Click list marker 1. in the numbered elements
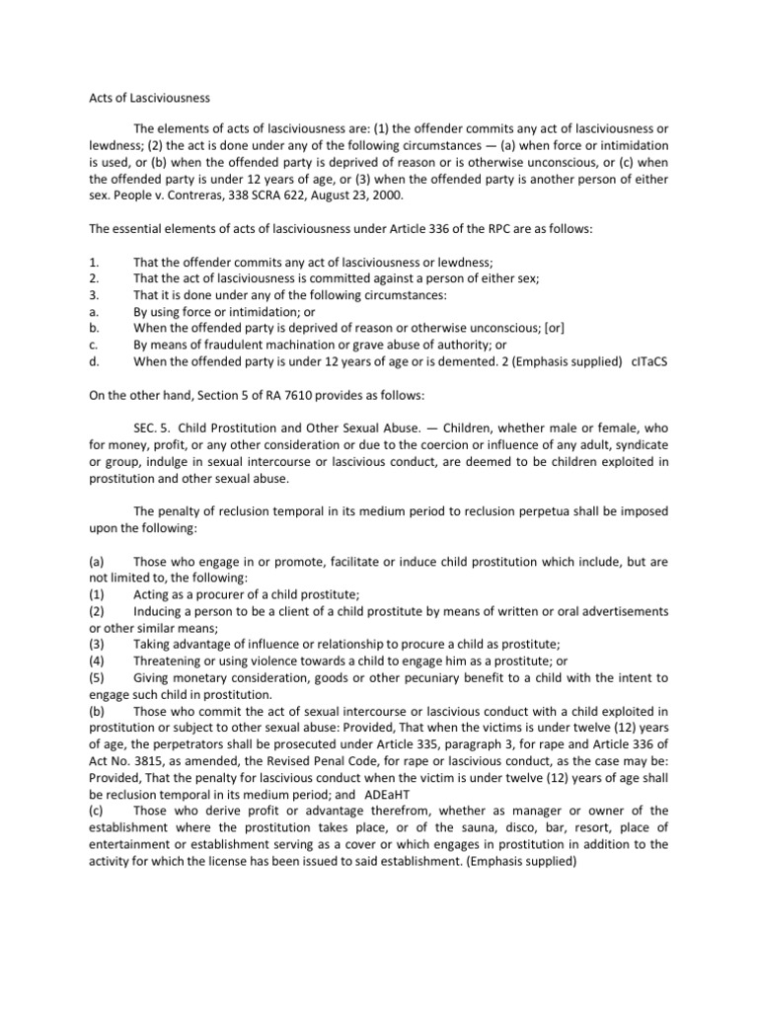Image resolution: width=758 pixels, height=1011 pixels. (x=94, y=262)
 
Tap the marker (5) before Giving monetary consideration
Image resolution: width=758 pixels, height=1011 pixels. (x=97, y=677)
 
